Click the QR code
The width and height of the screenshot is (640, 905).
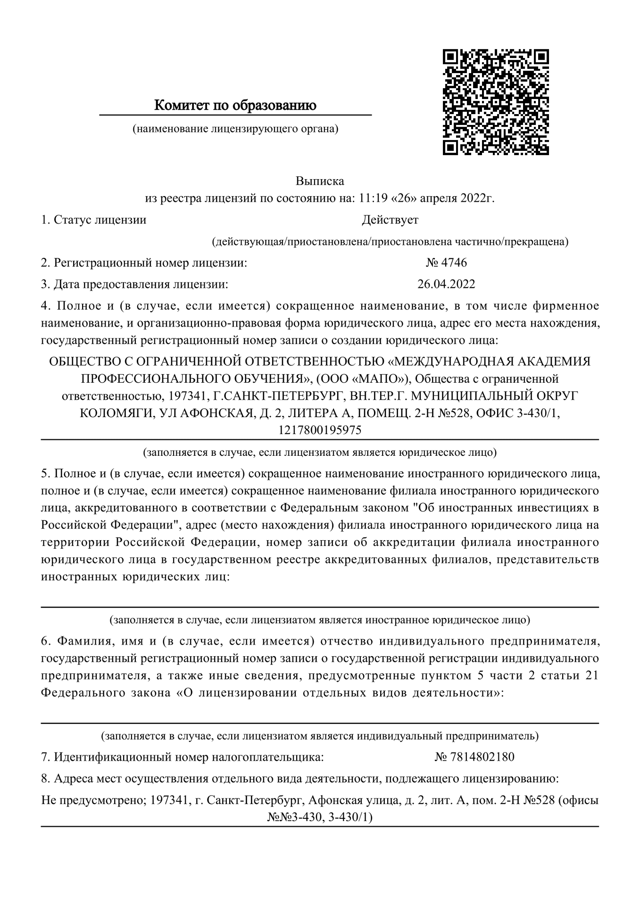[496, 102]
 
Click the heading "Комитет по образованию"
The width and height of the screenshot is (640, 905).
[235, 105]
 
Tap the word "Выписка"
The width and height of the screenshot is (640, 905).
[320, 181]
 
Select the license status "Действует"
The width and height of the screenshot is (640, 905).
[390, 220]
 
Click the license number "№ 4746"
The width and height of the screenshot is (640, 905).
[446, 263]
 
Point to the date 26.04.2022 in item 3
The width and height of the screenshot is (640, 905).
[446, 284]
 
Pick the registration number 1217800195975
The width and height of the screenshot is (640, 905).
[320, 430]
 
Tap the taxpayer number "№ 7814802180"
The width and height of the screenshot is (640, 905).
[474, 757]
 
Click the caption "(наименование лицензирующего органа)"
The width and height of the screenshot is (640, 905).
[235, 128]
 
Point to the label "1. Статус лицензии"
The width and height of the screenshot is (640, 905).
[93, 220]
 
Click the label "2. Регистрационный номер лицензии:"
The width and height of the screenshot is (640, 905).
[144, 263]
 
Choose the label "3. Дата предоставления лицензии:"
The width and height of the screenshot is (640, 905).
[134, 284]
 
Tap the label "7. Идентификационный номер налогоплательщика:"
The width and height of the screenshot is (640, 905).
[183, 757]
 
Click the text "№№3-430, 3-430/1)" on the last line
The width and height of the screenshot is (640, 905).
[320, 817]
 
